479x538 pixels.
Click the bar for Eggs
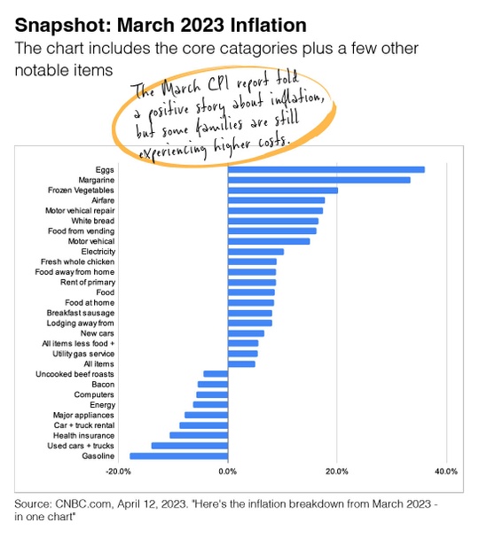pyautogui.click(x=326, y=169)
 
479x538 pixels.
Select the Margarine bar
pyautogui.click(x=319, y=180)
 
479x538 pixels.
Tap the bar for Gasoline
pyautogui.click(x=179, y=456)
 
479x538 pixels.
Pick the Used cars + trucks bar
pyautogui.click(x=190, y=446)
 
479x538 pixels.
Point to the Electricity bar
pyautogui.click(x=255, y=252)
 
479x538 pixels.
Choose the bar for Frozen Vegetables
pyautogui.click(x=283, y=190)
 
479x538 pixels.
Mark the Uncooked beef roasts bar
pyautogui.click(x=216, y=374)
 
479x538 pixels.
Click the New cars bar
pyautogui.click(x=246, y=333)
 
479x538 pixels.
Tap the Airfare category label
pyautogui.click(x=103, y=200)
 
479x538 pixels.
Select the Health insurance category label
pyautogui.click(x=83, y=435)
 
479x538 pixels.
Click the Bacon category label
pyautogui.click(x=103, y=385)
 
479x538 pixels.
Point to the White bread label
pyautogui.click(x=93, y=221)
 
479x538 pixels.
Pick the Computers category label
pyautogui.click(x=94, y=394)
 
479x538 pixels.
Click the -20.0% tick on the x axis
pyautogui.click(x=118, y=472)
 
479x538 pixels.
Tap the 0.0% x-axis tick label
pyautogui.click(x=228, y=472)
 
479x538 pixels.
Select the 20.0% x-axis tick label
pyautogui.click(x=337, y=472)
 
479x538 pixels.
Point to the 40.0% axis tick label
pyautogui.click(x=446, y=472)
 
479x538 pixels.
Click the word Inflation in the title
pyautogui.click(x=269, y=25)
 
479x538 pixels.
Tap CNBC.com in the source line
pyautogui.click(x=83, y=504)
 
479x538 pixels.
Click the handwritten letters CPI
pyautogui.click(x=217, y=83)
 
